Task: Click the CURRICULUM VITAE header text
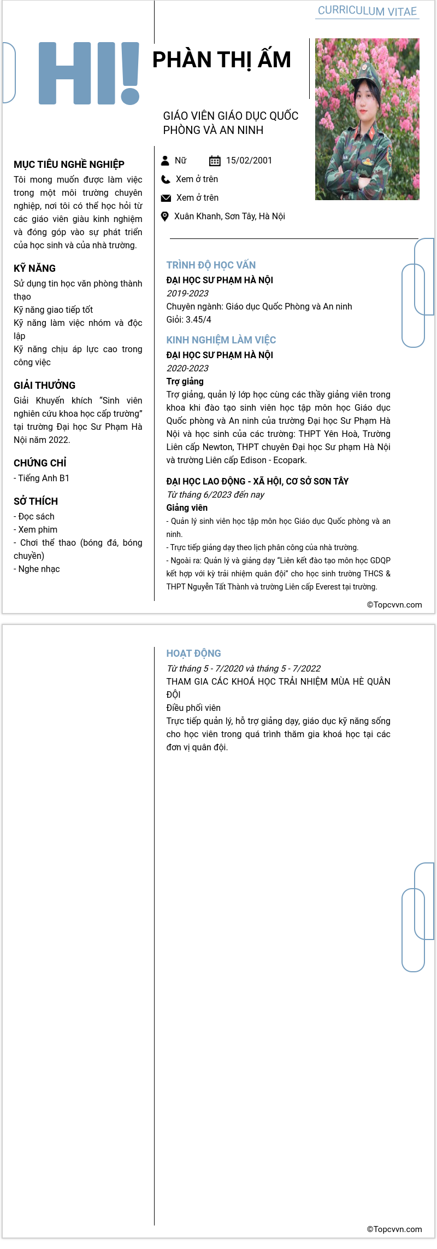click(367, 11)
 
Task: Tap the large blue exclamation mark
click(130, 73)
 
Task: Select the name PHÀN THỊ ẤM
click(221, 60)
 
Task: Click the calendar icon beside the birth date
click(215, 161)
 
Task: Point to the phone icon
click(166, 179)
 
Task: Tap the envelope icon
click(166, 198)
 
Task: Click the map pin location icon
click(165, 217)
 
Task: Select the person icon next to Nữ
click(165, 161)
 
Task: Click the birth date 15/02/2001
click(249, 160)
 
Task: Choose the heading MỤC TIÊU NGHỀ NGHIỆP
click(69, 165)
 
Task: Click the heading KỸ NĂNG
click(34, 269)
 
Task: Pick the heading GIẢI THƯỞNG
click(44, 386)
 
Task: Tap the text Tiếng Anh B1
click(44, 478)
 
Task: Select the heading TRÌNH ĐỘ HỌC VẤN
click(211, 265)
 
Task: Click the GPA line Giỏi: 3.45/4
click(188, 319)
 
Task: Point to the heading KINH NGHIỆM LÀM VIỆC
click(221, 340)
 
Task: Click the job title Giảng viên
click(187, 507)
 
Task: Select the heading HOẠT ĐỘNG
click(193, 653)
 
